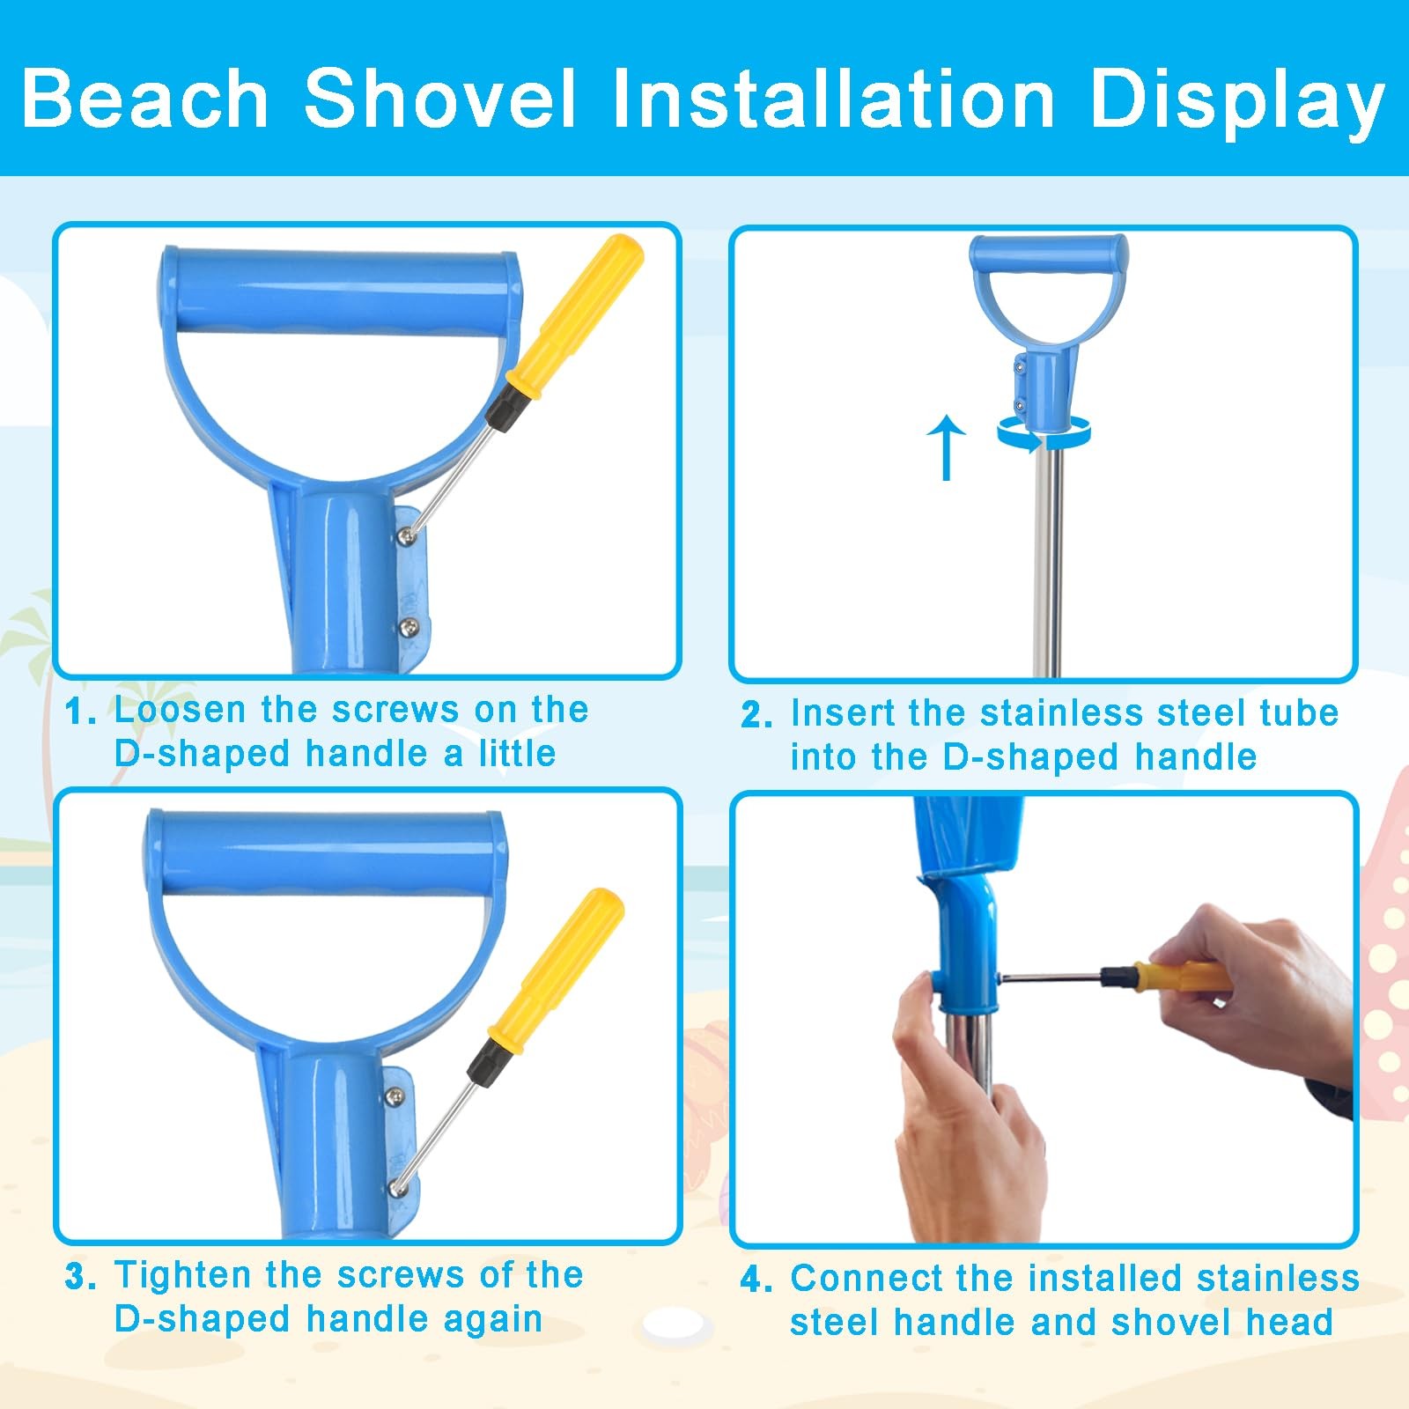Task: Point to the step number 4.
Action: coord(756,1280)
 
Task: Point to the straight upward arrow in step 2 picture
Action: coord(947,447)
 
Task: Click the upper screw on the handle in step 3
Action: coord(395,1096)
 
